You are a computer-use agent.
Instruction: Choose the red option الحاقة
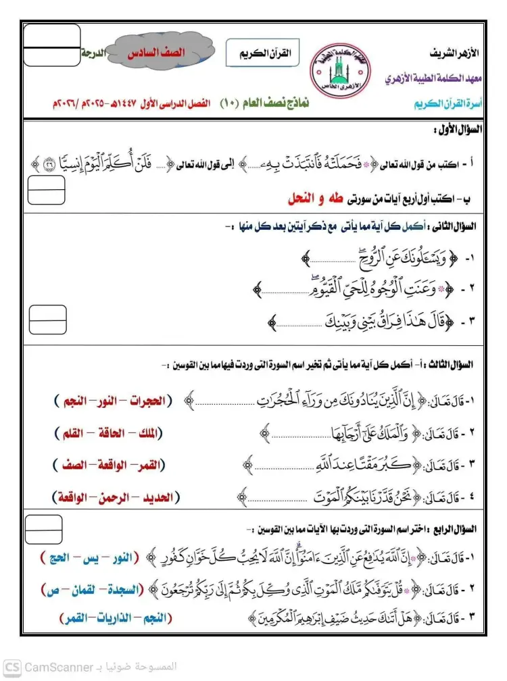point(122,432)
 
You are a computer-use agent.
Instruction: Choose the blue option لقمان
point(89,590)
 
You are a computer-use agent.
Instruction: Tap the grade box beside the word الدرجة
point(51,45)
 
